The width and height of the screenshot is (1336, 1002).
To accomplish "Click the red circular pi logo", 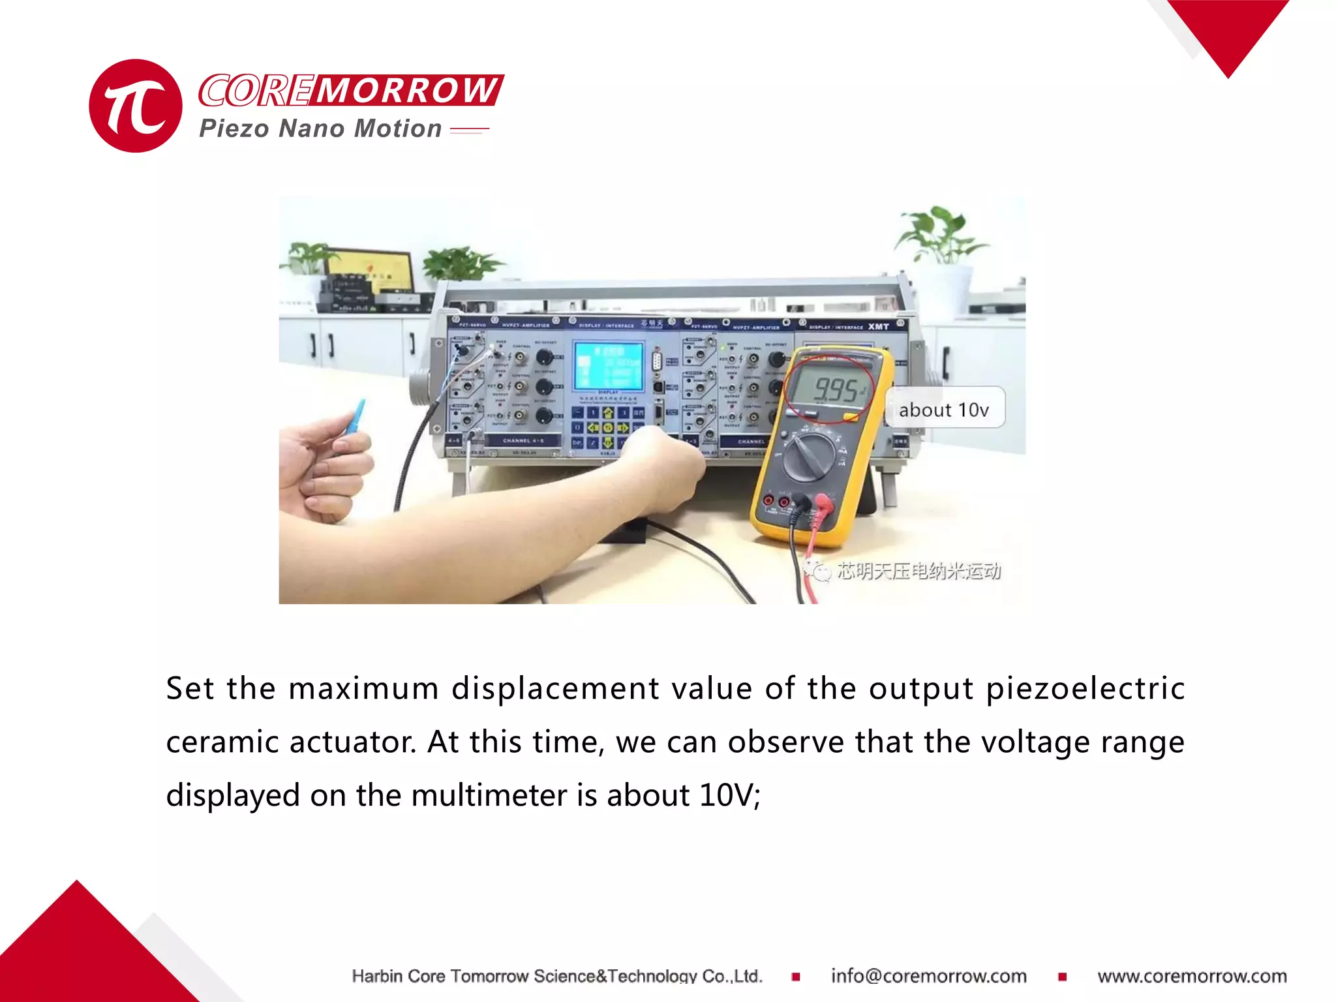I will click(x=135, y=106).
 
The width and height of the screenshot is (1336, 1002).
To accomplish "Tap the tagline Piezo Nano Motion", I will click(x=320, y=129).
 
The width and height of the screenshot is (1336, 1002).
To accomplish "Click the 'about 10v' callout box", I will click(x=943, y=410).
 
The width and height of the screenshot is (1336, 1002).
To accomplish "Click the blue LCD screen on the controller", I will click(x=608, y=365).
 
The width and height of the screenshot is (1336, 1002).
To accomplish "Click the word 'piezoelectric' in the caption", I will click(x=1085, y=689).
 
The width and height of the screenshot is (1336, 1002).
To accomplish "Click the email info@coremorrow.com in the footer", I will click(x=928, y=976).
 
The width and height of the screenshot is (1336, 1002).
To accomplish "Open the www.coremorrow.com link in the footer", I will click(x=1192, y=976).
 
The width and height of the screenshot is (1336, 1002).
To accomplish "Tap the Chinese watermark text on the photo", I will click(x=918, y=571).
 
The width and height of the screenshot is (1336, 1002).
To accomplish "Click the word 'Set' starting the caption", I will click(x=190, y=689).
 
